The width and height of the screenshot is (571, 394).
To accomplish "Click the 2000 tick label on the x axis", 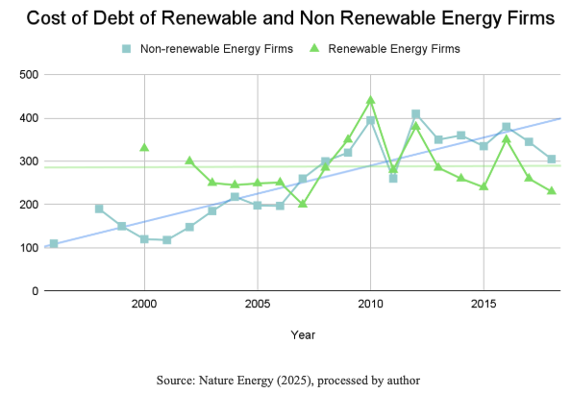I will click(x=144, y=305).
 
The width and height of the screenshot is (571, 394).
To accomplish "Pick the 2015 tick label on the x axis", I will click(x=484, y=305).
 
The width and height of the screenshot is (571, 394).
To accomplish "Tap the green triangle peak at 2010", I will click(x=370, y=101).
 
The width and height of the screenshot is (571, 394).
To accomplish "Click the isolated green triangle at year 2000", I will click(x=144, y=147).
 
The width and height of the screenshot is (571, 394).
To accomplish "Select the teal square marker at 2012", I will click(x=415, y=114).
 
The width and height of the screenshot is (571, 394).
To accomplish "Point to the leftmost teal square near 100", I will click(x=54, y=244).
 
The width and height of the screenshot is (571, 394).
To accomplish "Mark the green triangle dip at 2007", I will click(x=303, y=204).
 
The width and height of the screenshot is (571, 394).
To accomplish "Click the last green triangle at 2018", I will click(x=552, y=190).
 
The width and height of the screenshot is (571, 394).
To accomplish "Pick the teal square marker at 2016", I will click(x=506, y=127).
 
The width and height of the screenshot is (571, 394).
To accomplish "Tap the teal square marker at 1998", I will click(x=99, y=209).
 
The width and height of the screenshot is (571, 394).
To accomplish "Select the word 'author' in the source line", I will click(x=397, y=381).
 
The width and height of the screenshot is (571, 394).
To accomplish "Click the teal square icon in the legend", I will click(x=126, y=47).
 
